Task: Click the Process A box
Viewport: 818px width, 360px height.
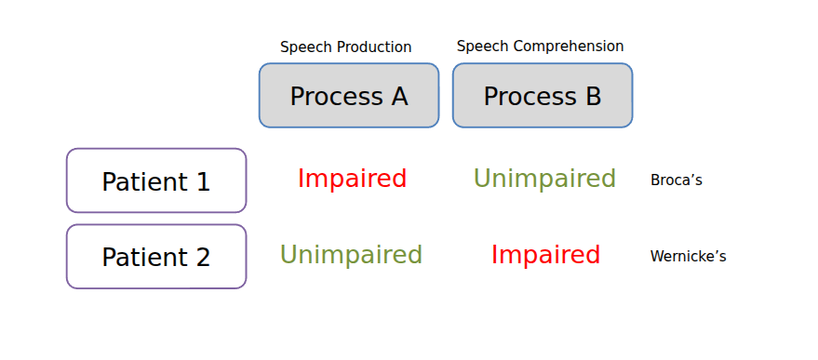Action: [x=349, y=96]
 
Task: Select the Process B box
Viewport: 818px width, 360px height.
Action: [x=543, y=96]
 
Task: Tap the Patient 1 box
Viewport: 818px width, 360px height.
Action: [x=156, y=180]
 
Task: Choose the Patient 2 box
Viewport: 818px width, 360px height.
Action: [x=156, y=257]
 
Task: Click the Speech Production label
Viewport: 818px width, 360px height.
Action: [x=346, y=47]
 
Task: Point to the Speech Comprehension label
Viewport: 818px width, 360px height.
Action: [x=541, y=47]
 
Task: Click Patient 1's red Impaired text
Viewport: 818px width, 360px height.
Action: [x=352, y=179]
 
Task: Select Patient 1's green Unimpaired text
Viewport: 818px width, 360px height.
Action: [x=544, y=179]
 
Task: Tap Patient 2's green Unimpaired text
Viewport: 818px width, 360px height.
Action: [x=351, y=255]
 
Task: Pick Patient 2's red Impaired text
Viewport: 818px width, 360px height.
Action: [x=545, y=255]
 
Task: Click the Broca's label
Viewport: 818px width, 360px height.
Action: [x=677, y=180]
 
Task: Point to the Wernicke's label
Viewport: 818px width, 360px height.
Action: [x=688, y=256]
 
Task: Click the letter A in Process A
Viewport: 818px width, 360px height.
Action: [x=399, y=97]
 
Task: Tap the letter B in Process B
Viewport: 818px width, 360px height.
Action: [x=594, y=97]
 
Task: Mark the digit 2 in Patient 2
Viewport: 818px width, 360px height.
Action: [x=203, y=258]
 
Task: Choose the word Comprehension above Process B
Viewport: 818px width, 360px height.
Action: [x=570, y=47]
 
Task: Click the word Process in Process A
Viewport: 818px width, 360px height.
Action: [x=335, y=97]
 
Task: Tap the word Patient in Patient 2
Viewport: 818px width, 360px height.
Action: [x=144, y=258]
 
